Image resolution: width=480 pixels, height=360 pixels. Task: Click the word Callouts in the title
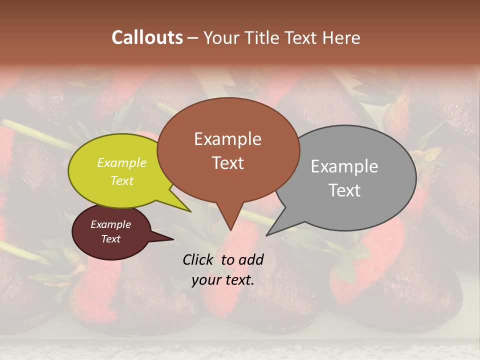147,37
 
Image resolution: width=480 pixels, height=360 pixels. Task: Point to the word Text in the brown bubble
227,162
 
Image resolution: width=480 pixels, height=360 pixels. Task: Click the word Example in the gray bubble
344,166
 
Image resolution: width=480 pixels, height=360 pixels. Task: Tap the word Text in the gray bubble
344,190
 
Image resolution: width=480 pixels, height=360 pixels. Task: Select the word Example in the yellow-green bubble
122,162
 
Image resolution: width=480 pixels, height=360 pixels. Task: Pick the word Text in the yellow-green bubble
122,180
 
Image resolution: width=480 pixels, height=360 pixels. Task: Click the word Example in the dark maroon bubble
111,224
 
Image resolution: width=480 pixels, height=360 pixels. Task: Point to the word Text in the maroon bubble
111,239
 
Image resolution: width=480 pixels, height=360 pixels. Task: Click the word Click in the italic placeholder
198,259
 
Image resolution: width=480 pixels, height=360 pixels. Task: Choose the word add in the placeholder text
251,259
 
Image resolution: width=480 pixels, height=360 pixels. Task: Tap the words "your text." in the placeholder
223,280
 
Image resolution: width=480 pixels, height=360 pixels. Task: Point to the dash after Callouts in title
193,38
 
